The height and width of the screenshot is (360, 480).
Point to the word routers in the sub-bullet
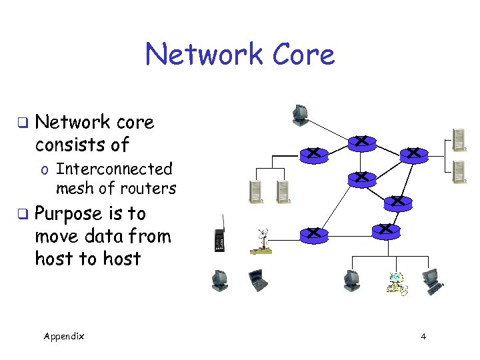(x=147, y=189)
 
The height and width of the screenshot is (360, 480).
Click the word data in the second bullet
(x=99, y=236)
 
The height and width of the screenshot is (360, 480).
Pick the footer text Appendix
(x=64, y=336)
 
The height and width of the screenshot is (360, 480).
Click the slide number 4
(x=423, y=336)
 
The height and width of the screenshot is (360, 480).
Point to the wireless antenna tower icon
(x=261, y=241)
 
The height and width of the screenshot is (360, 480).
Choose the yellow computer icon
(x=397, y=283)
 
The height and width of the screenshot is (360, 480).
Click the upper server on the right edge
(x=459, y=138)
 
